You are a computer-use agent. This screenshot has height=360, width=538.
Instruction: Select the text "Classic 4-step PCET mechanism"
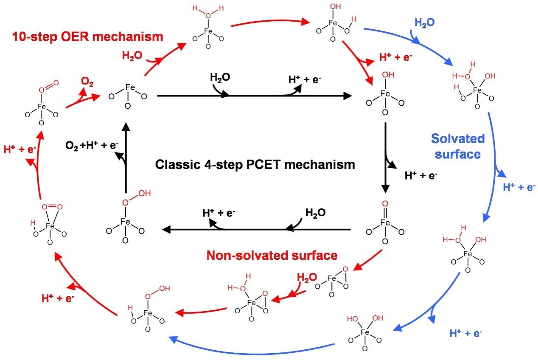click(x=255, y=164)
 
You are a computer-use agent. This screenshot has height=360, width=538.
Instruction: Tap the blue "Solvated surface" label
click(x=457, y=146)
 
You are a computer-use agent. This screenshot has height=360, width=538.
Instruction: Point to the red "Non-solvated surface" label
click(x=272, y=255)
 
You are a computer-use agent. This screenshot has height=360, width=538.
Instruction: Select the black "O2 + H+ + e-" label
click(x=92, y=146)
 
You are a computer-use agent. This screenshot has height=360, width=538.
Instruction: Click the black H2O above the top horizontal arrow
click(x=221, y=78)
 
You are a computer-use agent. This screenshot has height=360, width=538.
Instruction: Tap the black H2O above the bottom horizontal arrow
click(x=316, y=213)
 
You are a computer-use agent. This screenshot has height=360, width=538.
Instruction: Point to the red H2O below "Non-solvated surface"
click(x=307, y=277)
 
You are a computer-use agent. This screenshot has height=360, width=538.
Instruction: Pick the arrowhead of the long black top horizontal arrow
click(x=347, y=96)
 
